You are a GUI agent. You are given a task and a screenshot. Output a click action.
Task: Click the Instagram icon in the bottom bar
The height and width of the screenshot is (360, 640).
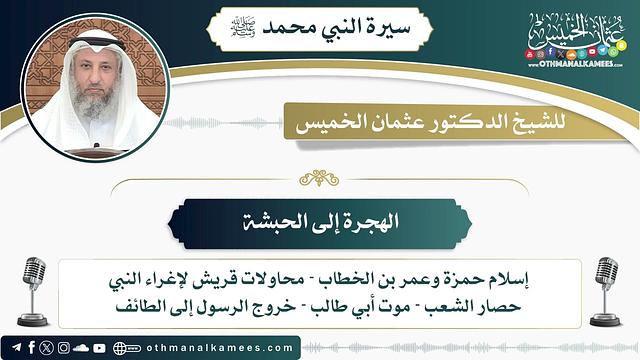(63, 348)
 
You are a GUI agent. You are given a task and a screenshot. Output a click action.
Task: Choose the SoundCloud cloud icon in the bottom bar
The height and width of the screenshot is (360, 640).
(80, 348)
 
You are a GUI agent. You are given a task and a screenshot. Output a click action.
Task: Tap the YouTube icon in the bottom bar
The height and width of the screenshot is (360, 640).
(98, 348)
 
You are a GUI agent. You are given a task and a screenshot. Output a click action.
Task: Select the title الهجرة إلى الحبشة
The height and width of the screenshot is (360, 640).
(320, 223)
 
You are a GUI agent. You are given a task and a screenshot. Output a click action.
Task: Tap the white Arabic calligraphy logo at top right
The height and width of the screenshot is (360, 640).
(572, 40)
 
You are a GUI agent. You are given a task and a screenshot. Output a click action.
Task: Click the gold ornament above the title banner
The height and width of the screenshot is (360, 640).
(320, 178)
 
